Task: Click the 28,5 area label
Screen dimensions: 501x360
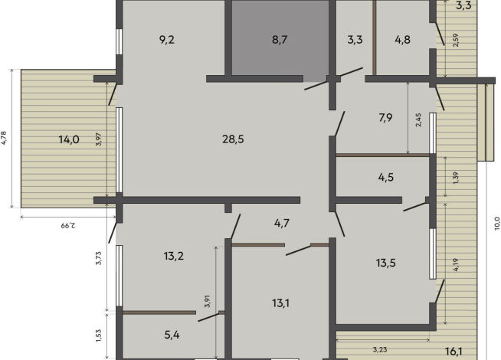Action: (233, 139)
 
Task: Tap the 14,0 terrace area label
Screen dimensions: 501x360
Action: (69, 139)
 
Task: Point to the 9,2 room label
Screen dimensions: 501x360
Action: (167, 40)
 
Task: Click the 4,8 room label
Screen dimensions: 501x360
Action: (403, 40)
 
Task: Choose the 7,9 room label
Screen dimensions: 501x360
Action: (385, 118)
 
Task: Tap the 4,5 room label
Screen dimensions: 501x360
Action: (385, 177)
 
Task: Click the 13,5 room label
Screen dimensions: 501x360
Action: (385, 263)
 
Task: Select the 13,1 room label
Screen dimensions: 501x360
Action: (281, 303)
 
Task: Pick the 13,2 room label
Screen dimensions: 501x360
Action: (173, 256)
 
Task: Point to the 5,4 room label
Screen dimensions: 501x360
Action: (172, 335)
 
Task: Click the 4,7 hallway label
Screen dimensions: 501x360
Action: (282, 223)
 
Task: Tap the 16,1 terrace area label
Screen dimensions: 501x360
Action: (454, 352)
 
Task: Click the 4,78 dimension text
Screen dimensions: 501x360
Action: (4, 138)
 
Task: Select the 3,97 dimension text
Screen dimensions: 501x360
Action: (99, 139)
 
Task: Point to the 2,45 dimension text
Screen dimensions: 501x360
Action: (418, 119)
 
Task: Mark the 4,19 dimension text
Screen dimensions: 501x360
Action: (456, 265)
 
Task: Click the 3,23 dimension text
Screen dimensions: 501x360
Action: (380, 350)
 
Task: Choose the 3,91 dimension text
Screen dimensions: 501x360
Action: (208, 301)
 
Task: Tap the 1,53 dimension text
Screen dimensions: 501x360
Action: (98, 335)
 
